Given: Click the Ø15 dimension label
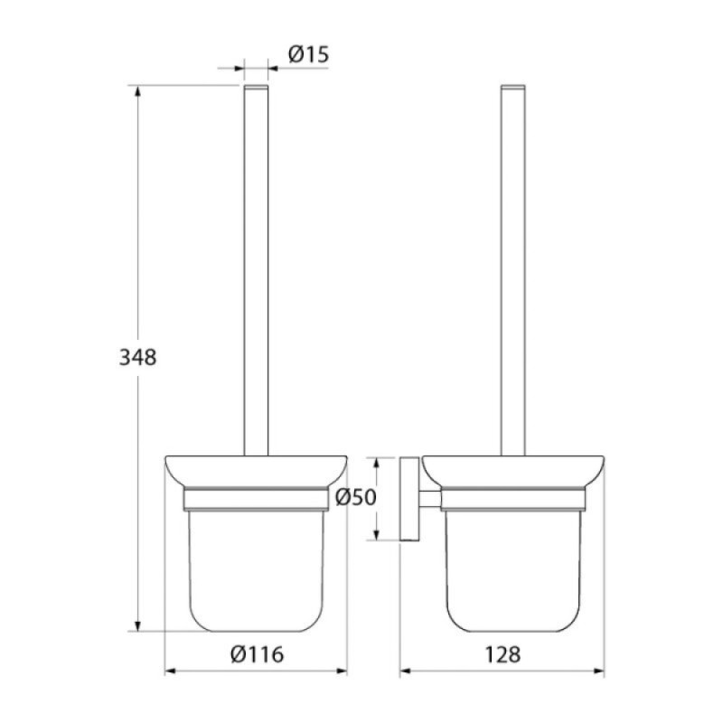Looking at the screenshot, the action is (x=308, y=55).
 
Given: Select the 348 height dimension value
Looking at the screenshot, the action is (x=138, y=357).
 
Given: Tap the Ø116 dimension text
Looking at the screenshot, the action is (x=258, y=654).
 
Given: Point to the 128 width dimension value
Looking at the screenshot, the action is (x=502, y=654).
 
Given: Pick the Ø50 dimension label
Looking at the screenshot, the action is (x=356, y=497).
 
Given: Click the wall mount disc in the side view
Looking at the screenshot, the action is (x=409, y=499).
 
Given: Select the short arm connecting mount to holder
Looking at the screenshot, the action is (x=430, y=500).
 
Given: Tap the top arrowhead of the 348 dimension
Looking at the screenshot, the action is (x=137, y=92).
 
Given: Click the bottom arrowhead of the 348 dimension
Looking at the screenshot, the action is (x=137, y=625).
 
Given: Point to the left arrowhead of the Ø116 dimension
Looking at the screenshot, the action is (x=171, y=671).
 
